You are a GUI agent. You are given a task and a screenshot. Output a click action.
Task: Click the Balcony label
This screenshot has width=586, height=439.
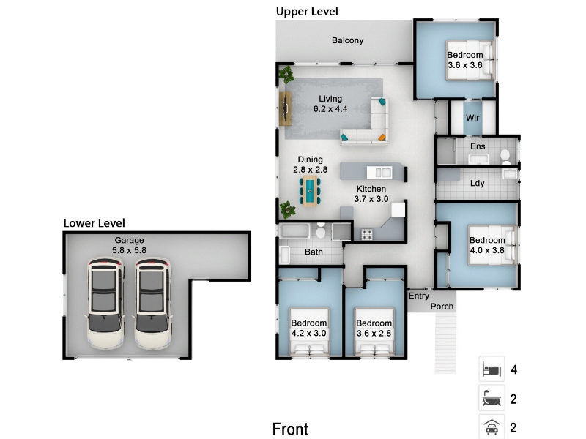[347, 40]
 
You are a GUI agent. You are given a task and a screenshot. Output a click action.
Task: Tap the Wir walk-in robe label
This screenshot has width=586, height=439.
[472, 118]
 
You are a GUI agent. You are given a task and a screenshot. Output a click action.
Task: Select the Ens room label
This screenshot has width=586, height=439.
[478, 146]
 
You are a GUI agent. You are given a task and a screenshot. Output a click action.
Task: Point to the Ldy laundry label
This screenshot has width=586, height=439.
[478, 184]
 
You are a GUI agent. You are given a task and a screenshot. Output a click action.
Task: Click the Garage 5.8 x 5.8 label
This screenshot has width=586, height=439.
[130, 245]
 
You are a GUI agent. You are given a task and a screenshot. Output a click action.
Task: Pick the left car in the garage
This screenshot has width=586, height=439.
[105, 303]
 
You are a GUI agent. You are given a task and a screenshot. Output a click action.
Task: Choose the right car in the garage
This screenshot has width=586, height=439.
[152, 303]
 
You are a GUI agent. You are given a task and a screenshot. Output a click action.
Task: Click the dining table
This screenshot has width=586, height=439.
[310, 191]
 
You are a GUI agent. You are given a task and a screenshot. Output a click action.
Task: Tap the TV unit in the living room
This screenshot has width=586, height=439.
[285, 108]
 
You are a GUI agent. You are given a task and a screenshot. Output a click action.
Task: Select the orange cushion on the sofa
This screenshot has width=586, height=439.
[382, 138]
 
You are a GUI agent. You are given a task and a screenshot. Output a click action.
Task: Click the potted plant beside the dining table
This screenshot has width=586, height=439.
[287, 209]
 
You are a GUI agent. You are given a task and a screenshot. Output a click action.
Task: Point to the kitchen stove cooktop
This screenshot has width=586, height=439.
[367, 234]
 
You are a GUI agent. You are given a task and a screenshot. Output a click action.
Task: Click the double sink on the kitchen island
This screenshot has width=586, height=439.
[379, 173]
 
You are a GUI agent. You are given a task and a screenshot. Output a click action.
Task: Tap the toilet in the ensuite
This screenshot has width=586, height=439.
[505, 157]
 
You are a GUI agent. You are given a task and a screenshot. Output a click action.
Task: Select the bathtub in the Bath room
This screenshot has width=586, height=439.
[294, 231]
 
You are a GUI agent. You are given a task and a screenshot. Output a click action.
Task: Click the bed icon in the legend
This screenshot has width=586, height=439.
[492, 369]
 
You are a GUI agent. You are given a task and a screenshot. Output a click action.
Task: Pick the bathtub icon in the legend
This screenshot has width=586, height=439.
[492, 398]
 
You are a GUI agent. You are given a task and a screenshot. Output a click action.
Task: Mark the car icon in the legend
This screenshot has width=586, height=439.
[492, 427]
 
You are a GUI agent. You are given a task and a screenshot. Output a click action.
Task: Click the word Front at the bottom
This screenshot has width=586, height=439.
[290, 429]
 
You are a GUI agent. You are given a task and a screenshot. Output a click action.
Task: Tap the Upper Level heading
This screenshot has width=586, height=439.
[307, 12]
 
